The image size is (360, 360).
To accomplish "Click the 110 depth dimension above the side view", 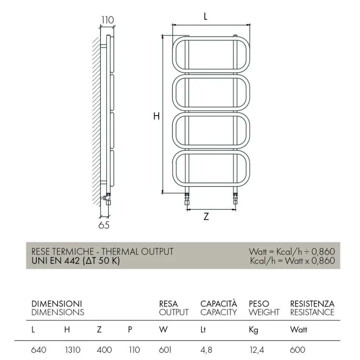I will point(108,20).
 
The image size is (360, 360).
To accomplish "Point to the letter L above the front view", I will point(205,16).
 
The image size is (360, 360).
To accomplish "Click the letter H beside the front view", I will point(156,116).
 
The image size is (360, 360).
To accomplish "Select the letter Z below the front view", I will point(206,217).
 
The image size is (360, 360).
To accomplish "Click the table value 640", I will point(39,350).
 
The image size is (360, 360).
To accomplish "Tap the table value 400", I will point(104,350).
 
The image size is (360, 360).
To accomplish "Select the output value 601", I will point(165,350).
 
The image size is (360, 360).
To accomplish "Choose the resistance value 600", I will point(298,350).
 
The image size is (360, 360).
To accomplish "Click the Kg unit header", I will point(254,330).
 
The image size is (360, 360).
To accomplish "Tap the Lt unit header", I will point(203,330).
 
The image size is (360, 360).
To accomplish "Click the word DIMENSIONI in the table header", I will point(57,304).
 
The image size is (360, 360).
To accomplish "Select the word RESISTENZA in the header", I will point(312,304).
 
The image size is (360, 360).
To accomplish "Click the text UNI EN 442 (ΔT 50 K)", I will point(75,261).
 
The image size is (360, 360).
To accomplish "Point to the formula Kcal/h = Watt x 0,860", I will point(292,261).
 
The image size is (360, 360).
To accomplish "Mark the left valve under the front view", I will point(187,199).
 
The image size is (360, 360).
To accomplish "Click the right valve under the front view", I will point(236,199).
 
